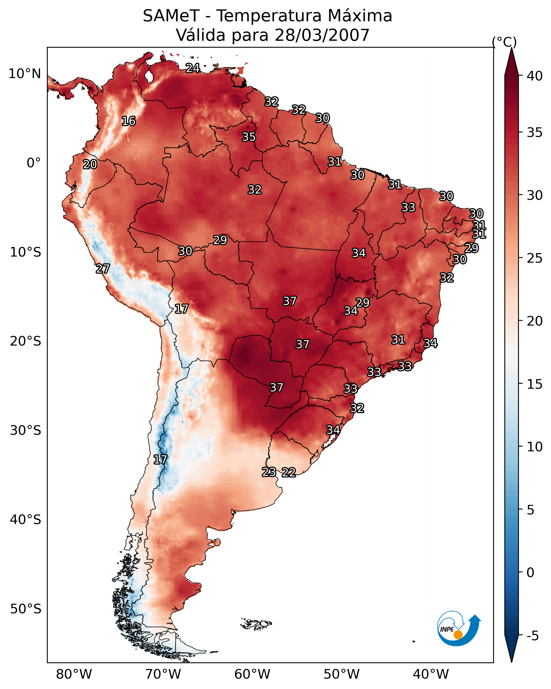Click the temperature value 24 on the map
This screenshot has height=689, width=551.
coord(193,68)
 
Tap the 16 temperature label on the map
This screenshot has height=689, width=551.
coord(128,121)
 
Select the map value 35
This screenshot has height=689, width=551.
coord(249,137)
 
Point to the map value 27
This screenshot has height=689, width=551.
coord(103,269)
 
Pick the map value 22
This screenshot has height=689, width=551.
coord(289,472)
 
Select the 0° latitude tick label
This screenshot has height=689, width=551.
coord(34,163)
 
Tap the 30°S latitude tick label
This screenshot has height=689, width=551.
coord(26,431)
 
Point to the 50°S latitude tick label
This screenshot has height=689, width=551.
coord(26,609)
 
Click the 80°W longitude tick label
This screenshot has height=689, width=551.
coord(74,674)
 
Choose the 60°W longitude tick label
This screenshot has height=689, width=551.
coord(252,674)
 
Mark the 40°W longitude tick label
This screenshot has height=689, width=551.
coord(431,674)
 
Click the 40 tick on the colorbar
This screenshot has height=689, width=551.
coord(535,76)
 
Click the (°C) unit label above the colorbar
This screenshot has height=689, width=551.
coord(504,42)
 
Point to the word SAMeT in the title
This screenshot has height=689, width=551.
coord(171,16)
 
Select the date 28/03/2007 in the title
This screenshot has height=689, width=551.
coord(322,35)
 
